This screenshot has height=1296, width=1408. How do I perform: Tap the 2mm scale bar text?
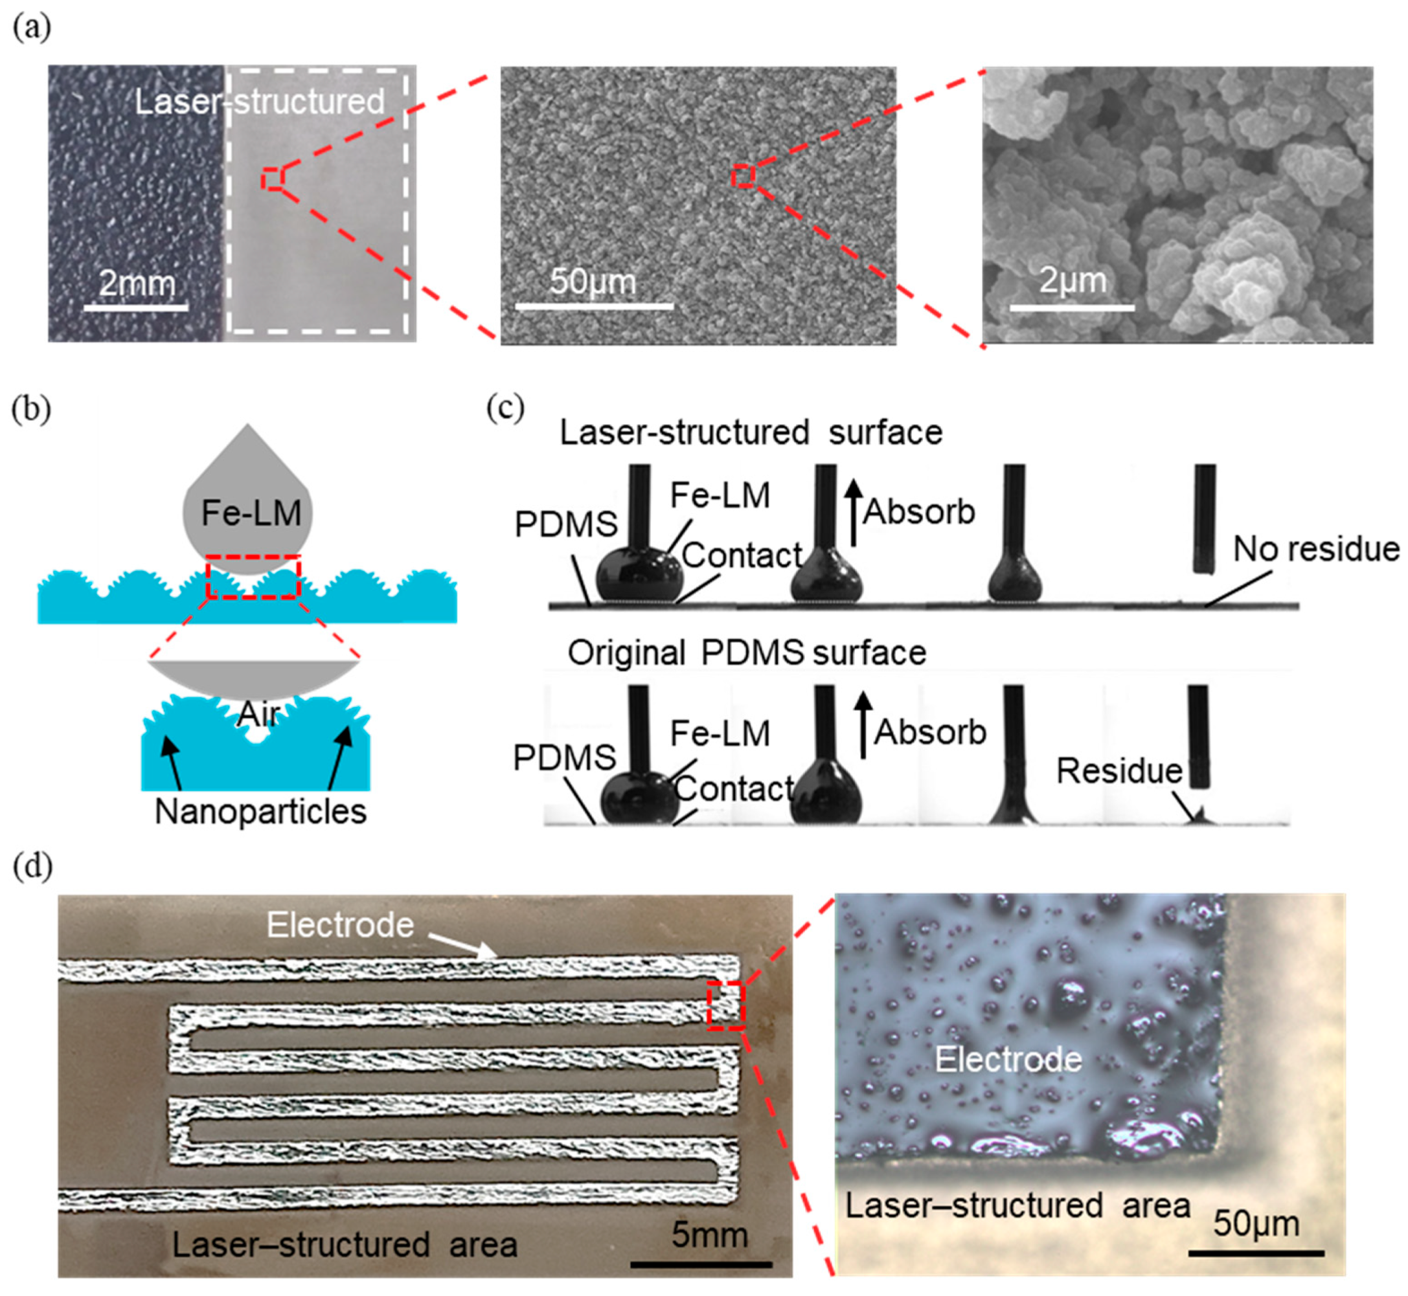[137, 284]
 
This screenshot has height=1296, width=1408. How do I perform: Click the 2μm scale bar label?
[1073, 280]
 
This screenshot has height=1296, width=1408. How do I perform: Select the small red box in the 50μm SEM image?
[743, 175]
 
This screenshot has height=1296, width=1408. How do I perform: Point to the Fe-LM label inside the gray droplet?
[251, 513]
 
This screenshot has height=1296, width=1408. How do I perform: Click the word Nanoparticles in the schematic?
[260, 811]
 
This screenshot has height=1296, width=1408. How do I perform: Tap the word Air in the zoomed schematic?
[259, 715]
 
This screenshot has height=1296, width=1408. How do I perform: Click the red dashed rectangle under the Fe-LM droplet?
[253, 576]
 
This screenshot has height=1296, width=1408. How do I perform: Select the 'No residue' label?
[1316, 548]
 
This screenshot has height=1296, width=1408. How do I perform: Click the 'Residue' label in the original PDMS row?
[1119, 771]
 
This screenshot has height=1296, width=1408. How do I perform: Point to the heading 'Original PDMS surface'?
[747, 653]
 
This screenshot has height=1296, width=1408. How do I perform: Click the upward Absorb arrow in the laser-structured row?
[853, 512]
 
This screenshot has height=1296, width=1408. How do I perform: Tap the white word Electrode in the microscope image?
[1008, 1059]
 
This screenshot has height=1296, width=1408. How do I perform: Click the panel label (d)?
[32, 867]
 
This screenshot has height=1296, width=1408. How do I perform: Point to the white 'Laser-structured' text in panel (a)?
[260, 102]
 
